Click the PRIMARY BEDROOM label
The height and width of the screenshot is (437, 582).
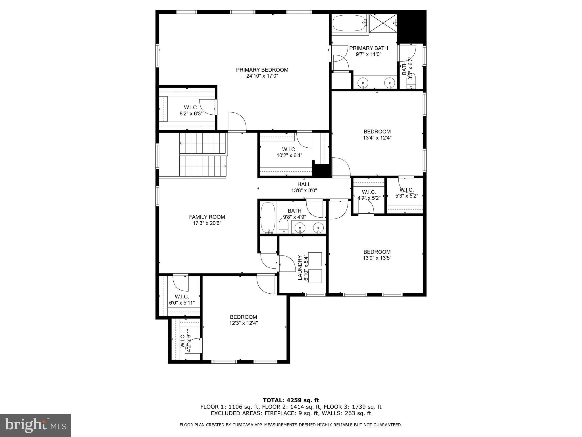262,70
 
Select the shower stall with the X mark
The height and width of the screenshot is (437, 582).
383,23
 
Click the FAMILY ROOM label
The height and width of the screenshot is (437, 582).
207,217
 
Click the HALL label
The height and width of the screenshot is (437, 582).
304,184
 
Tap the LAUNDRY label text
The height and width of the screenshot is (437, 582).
300,267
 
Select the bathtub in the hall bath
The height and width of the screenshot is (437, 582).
268,218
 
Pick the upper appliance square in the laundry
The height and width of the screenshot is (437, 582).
315,259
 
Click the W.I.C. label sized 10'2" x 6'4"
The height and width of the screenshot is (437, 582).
289,149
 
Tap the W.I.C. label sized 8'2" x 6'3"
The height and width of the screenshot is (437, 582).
191,107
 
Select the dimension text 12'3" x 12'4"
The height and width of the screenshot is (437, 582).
244,323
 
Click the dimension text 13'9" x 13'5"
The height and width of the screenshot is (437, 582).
377,258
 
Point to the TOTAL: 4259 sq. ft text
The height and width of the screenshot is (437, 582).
291,400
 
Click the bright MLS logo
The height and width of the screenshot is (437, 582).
36,425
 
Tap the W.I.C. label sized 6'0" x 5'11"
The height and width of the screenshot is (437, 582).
182,297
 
